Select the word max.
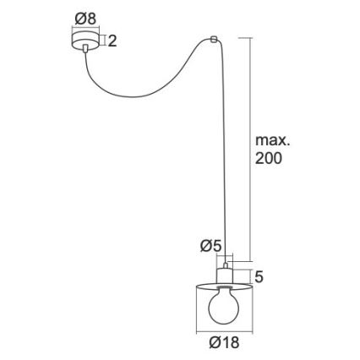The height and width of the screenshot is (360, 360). [x=272, y=140]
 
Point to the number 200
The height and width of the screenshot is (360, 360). [x=269, y=159]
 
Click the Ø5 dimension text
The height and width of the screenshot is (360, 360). [x=210, y=246]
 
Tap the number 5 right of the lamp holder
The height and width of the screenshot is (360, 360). [x=259, y=276]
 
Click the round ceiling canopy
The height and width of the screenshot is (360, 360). [x=84, y=41]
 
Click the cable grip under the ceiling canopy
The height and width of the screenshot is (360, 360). [x=85, y=53]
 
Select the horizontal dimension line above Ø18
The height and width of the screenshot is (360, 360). [x=224, y=330]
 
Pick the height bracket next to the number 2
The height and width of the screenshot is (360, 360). [x=102, y=41]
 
